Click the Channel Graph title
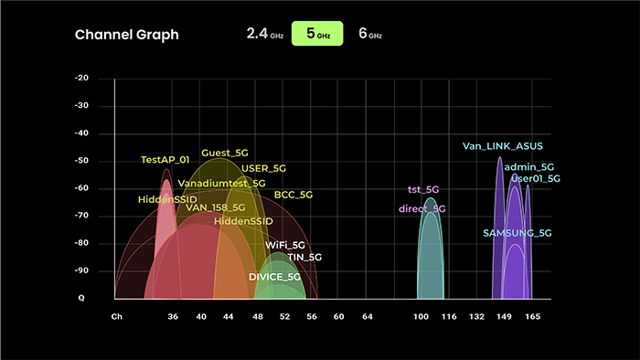point(126,35)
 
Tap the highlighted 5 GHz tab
point(317,34)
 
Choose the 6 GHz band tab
point(369,34)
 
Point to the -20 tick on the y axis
point(81,79)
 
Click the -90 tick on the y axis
point(81,270)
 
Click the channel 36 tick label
point(174,316)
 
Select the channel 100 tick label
point(421,316)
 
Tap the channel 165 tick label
point(533,316)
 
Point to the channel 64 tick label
point(367,316)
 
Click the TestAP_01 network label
point(165,160)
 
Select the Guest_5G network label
point(225,153)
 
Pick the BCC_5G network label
point(293,195)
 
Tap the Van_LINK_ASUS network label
point(502,146)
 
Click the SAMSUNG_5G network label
point(517,233)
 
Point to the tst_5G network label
point(423,190)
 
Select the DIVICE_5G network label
point(274,276)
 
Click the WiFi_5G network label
point(285,246)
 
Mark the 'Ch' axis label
point(116,316)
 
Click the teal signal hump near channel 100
point(431,256)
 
